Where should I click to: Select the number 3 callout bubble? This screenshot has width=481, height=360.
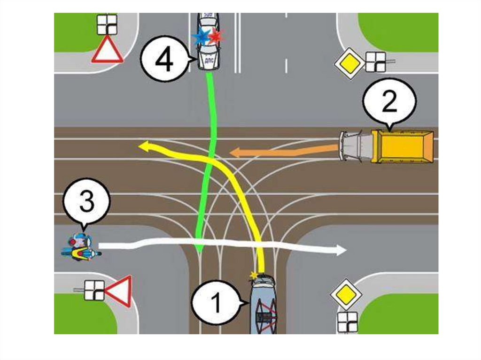coord(86,203)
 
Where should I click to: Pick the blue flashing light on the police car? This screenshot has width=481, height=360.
coord(201,37)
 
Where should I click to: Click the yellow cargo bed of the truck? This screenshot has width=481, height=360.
coord(403,146)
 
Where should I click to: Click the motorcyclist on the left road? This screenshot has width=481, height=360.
coord(81,248)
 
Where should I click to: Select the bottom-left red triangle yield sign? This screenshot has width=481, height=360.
coord(119,291)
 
